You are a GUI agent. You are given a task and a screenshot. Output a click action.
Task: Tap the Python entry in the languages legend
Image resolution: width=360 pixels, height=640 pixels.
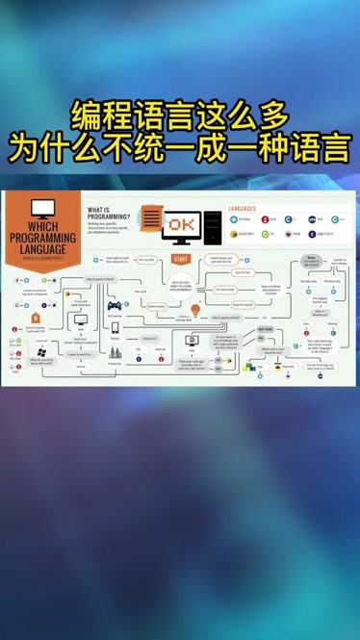click(x=242, y=219)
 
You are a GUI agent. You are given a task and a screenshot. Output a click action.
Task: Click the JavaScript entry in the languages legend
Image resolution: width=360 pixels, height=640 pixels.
click(x=242, y=233)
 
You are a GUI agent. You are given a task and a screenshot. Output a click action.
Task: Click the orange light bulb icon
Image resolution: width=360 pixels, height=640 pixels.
click(x=195, y=310)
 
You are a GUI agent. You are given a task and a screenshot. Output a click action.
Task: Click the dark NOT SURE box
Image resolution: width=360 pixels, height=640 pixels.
click(x=266, y=328)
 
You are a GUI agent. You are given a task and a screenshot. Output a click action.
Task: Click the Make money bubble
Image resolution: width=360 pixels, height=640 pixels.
click(x=156, y=306)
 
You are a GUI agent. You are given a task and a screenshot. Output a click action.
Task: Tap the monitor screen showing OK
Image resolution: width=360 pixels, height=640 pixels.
click(x=180, y=224)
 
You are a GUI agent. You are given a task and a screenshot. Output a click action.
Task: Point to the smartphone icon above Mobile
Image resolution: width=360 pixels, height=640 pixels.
click(x=115, y=327)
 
